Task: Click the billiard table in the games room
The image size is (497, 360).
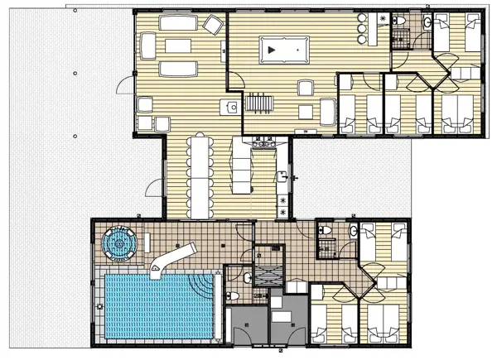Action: click(x=279, y=50)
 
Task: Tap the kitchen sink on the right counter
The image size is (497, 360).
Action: click(x=283, y=175)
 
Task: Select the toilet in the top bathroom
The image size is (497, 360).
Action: click(x=398, y=20)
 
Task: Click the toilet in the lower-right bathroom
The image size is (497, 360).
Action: click(x=326, y=229)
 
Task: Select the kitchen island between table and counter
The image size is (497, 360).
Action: click(x=240, y=166)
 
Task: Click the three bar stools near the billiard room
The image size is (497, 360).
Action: click(x=360, y=28)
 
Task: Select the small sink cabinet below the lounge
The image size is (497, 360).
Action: click(x=231, y=106)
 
